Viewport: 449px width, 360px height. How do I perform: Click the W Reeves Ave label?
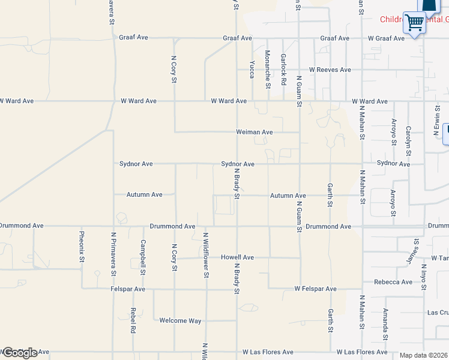[x=330, y=70]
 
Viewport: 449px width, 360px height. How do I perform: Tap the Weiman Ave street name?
[x=255, y=132]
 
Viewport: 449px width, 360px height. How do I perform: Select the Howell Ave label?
[x=237, y=257]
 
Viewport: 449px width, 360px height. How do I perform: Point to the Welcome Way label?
[x=180, y=320]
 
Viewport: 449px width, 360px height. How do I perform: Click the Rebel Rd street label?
[x=133, y=322]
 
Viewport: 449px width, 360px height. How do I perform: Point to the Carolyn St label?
[x=408, y=138]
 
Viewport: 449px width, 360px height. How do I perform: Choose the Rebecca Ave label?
[x=393, y=282]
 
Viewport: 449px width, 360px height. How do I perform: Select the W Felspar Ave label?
[x=315, y=289]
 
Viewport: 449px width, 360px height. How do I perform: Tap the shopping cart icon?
[x=414, y=23]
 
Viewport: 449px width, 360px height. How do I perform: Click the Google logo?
[x=19, y=353]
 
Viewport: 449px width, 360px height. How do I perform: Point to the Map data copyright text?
[x=424, y=355]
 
